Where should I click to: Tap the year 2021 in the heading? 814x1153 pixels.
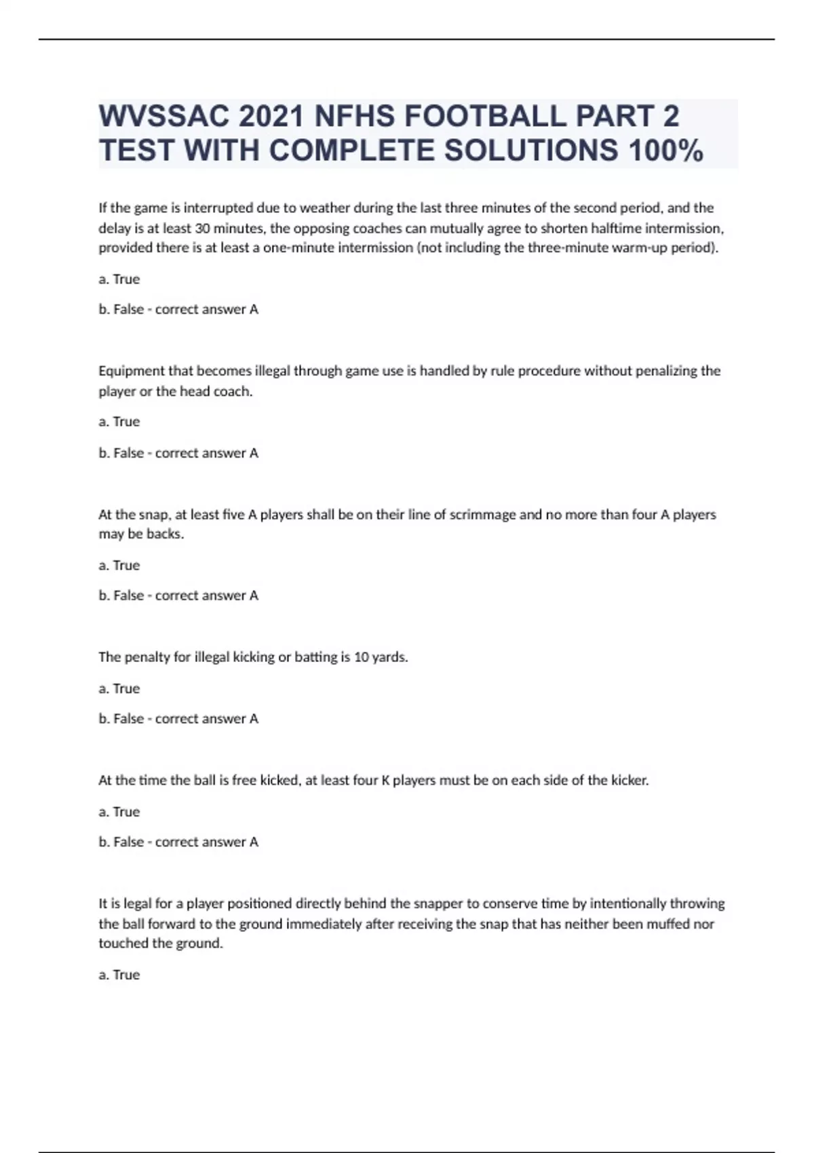(271, 117)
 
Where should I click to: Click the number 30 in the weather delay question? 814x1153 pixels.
(202, 228)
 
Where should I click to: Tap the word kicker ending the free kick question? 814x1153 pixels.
(629, 780)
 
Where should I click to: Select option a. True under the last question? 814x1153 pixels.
(119, 975)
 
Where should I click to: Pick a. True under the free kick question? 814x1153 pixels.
(119, 811)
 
